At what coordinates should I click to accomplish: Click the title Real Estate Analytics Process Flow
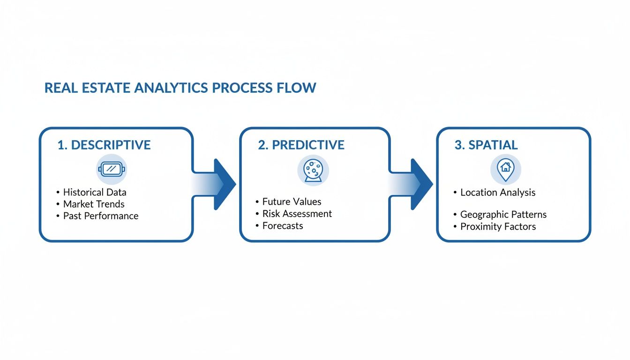pos(180,88)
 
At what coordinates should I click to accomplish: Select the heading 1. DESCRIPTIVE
pos(104,145)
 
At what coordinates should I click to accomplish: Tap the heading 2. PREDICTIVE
pos(301,145)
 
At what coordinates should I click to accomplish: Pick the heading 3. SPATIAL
pos(486,145)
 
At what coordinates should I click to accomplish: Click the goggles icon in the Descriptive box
pos(112,169)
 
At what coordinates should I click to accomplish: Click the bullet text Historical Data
pos(95,192)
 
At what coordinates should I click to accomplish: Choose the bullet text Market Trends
pos(94,204)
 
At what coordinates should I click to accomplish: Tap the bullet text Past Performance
pos(101,216)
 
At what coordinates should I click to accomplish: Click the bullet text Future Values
pos(292,202)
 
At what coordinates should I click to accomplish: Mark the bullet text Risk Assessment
pos(297,214)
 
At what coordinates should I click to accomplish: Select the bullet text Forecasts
pos(282,226)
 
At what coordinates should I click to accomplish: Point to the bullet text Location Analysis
pos(498,193)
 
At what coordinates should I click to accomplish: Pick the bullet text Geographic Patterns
pos(503,215)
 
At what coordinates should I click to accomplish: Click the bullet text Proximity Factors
pos(498,227)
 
